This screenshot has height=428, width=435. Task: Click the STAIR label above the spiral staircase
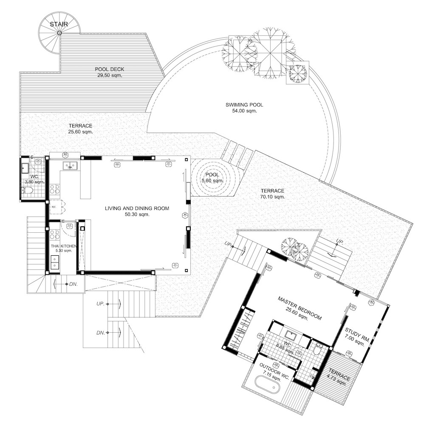point(59,24)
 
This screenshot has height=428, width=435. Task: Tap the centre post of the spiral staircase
point(59,33)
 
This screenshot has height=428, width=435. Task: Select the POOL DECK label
point(109,69)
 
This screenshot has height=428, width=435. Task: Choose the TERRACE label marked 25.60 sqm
point(81,126)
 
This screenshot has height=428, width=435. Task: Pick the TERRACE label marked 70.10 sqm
point(272,191)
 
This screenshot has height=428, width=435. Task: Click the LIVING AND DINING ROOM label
point(137,208)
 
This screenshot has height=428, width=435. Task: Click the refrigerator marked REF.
point(54,207)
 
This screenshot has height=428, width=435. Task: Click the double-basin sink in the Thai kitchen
point(54,263)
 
